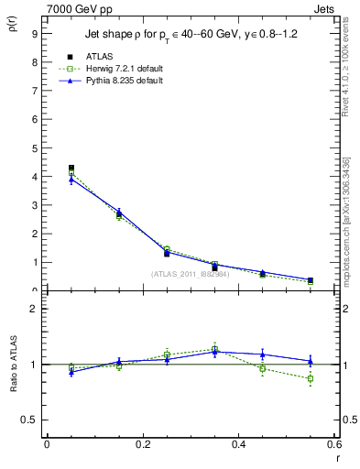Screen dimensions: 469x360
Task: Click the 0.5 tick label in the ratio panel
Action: (28, 420)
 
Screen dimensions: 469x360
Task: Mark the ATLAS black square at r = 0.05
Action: (71, 168)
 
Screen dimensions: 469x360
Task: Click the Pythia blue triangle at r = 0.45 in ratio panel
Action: (263, 354)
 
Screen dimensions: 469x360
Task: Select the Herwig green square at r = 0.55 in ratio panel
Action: (311, 378)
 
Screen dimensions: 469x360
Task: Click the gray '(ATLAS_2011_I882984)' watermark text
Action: (191, 274)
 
